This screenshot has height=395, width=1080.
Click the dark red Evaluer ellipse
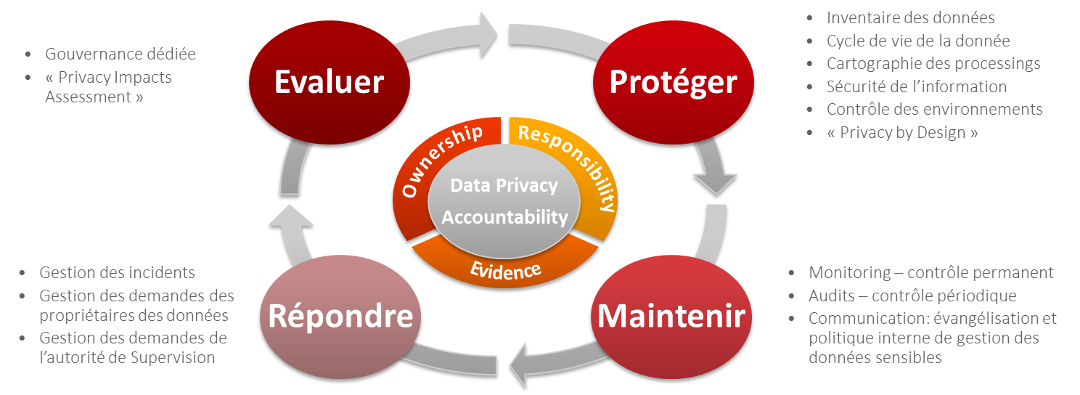(x=328, y=82)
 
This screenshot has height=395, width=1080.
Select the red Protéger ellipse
(x=673, y=82)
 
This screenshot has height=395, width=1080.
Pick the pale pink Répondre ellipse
(x=340, y=316)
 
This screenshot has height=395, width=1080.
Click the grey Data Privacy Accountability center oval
(x=504, y=201)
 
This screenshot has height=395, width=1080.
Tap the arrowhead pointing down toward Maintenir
(x=714, y=181)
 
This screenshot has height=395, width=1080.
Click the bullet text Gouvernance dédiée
(x=120, y=54)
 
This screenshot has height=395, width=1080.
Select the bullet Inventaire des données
(x=910, y=17)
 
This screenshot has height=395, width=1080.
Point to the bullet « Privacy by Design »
(x=902, y=132)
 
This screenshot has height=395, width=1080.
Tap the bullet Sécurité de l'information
(x=916, y=86)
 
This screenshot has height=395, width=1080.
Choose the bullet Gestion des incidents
(x=117, y=273)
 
